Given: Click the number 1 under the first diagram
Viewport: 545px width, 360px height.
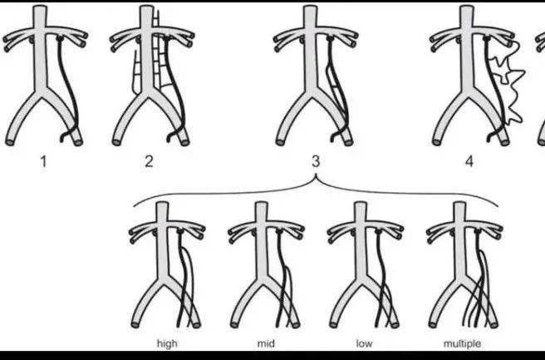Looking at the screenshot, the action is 43,162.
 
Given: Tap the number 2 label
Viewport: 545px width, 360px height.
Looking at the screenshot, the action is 149,162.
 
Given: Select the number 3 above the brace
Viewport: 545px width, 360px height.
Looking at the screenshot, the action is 316,161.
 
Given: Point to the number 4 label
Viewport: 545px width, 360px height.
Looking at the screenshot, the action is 469,162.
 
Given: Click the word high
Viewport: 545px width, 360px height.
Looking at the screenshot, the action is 167,343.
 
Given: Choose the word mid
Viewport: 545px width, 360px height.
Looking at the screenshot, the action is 266,343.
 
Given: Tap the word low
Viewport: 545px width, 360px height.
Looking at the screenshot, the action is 364,343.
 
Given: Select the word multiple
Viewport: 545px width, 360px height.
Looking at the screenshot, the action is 462,344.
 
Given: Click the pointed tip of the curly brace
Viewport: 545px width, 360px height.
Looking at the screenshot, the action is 316,175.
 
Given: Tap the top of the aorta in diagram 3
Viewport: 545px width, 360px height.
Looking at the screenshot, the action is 310,7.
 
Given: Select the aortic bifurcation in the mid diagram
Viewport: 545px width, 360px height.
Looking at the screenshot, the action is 262,283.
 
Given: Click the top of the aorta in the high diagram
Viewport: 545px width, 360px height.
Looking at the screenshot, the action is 162,205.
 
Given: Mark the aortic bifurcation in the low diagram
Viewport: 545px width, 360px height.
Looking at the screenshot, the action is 361,283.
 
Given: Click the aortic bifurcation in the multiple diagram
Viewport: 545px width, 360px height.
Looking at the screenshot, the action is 460,283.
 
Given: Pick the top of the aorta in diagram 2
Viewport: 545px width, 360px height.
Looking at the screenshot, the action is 147,7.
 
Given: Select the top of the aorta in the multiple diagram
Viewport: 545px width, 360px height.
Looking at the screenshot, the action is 460,205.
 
